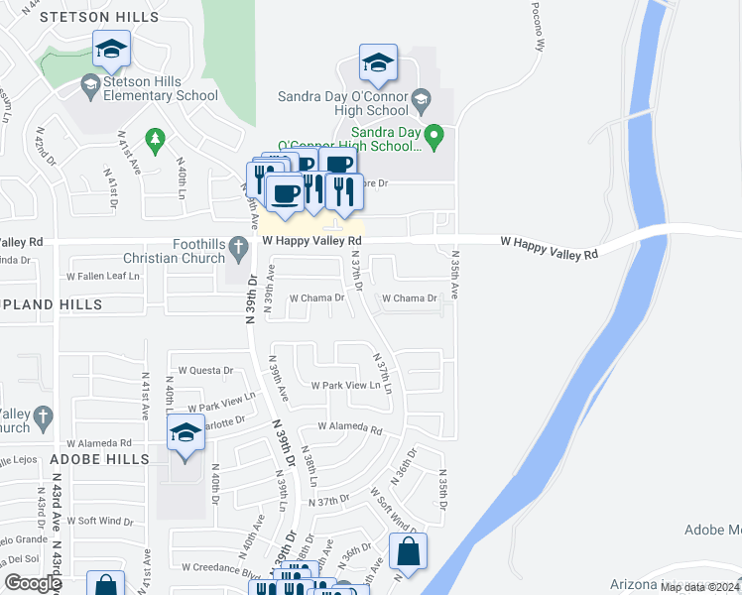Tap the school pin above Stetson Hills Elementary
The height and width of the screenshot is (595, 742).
point(112,51)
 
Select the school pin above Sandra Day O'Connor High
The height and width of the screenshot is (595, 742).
point(378,64)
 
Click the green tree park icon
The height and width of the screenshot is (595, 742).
point(154,140)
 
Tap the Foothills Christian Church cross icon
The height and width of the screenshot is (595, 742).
point(238,245)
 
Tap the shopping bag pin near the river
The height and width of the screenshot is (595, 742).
point(408,554)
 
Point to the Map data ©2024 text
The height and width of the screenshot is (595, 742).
point(700,587)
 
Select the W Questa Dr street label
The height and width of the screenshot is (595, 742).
point(205,371)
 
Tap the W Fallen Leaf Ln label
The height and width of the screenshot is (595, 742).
point(102,276)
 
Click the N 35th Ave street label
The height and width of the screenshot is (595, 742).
point(454,277)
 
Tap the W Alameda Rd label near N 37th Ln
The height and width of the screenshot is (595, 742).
point(349,428)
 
